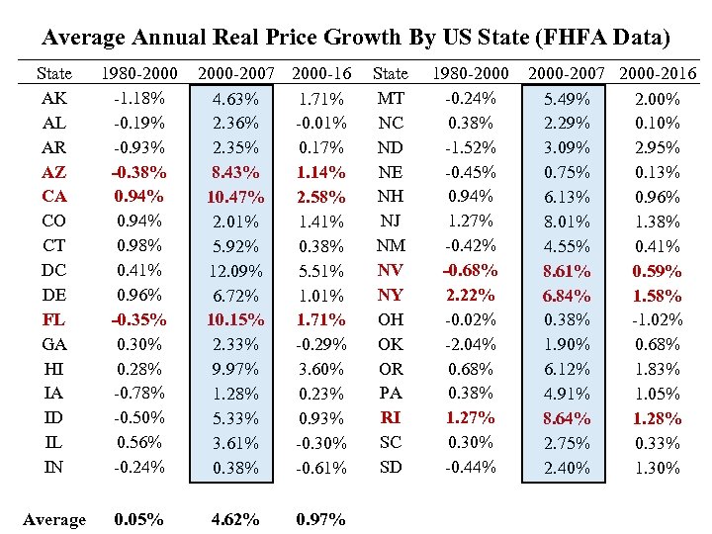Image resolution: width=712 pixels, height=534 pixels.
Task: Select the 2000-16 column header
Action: click(x=320, y=73)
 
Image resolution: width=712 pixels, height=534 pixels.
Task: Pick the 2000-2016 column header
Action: click(x=658, y=73)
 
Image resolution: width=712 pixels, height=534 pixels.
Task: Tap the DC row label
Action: click(x=53, y=270)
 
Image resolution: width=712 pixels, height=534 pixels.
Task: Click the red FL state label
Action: click(x=53, y=319)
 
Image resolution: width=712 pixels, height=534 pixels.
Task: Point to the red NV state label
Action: click(x=391, y=270)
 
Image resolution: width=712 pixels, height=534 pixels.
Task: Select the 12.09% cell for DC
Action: click(x=236, y=271)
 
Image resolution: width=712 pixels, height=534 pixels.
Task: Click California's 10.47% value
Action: click(x=236, y=197)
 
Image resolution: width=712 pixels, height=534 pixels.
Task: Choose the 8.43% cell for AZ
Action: click(x=236, y=172)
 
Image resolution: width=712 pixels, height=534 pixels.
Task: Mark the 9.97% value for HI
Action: click(x=236, y=369)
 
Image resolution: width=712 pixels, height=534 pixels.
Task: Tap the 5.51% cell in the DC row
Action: click(x=321, y=271)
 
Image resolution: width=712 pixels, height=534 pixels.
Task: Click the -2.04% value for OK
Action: click(x=472, y=344)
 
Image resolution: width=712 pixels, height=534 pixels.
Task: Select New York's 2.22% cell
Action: click(x=472, y=295)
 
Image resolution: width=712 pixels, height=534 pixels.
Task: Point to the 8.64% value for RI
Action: click(x=568, y=418)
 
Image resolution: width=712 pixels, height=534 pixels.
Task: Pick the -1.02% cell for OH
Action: click(x=658, y=319)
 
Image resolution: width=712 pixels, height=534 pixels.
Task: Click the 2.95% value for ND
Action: click(x=658, y=147)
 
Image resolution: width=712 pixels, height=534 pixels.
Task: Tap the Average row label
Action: click(x=53, y=519)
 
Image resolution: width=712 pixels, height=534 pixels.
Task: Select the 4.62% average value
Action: click(x=236, y=519)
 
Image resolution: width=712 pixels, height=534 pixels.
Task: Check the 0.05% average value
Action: click(x=139, y=519)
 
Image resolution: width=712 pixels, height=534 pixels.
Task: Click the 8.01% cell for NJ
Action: click(x=568, y=222)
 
